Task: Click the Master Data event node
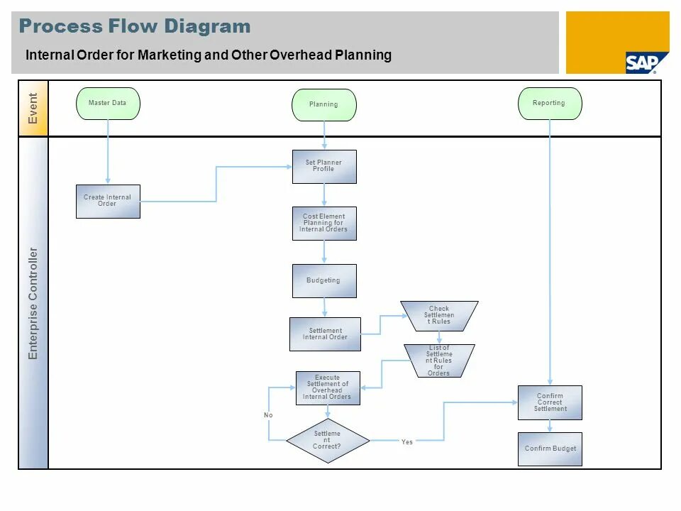click(x=108, y=104)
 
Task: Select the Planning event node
click(x=323, y=105)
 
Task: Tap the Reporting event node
click(x=550, y=104)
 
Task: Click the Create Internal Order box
click(x=108, y=201)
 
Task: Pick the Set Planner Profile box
click(x=324, y=166)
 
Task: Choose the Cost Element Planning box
click(x=324, y=223)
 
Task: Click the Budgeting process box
click(x=324, y=280)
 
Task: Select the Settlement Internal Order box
click(x=325, y=334)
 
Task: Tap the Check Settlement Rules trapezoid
click(x=439, y=315)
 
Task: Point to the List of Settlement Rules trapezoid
click(x=439, y=361)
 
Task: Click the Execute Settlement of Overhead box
click(x=327, y=388)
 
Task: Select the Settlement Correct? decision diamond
click(x=327, y=440)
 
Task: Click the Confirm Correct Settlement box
click(x=550, y=402)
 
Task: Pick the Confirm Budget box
click(x=550, y=449)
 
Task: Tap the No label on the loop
click(x=268, y=414)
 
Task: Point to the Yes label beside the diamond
click(x=406, y=442)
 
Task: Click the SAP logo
click(x=642, y=62)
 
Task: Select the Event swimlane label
click(x=33, y=108)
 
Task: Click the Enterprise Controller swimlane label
click(x=33, y=303)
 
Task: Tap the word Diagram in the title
click(x=207, y=27)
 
